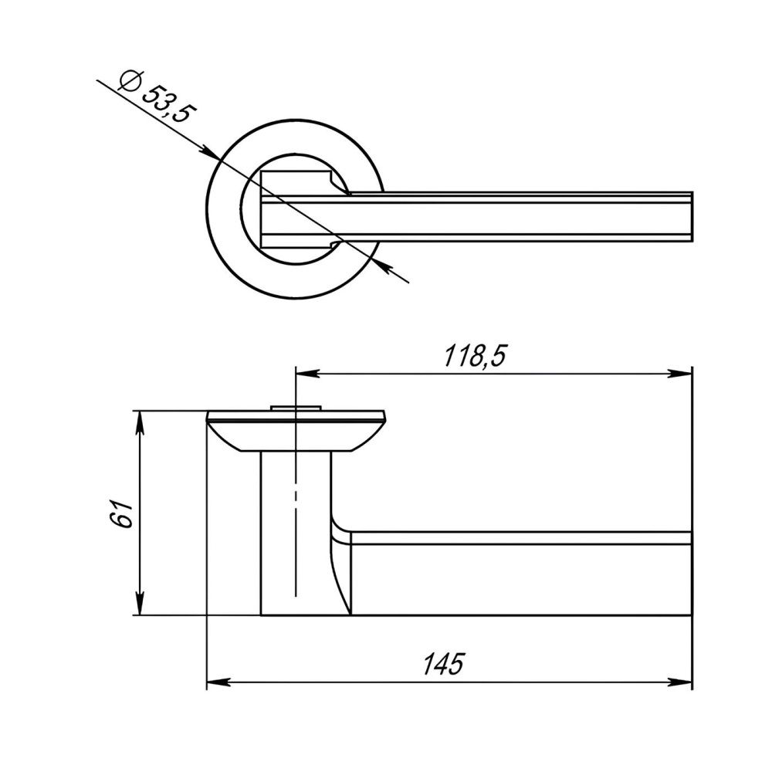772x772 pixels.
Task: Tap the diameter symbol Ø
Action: click(130, 80)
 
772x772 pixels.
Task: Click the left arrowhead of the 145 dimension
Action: click(218, 683)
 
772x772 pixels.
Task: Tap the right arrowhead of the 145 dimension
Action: click(680, 683)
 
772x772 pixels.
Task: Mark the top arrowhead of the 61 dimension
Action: click(141, 422)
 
